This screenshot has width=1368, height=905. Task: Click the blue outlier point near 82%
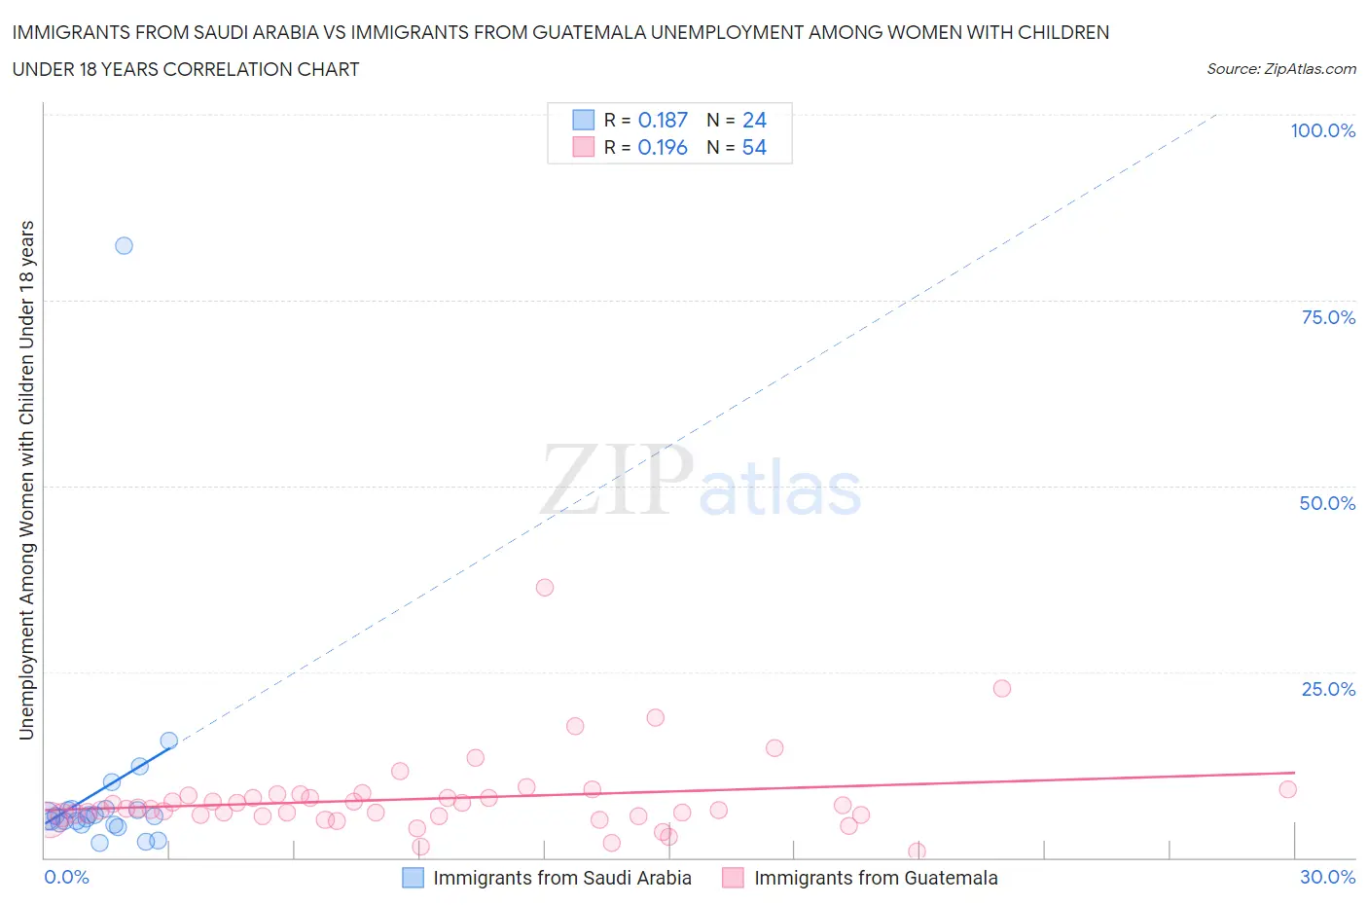tap(124, 245)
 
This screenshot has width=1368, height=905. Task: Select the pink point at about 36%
tap(545, 588)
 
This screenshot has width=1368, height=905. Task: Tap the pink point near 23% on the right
tap(1002, 688)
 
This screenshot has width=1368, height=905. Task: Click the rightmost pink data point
tap(1288, 789)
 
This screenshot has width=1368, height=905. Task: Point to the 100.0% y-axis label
tap(1322, 131)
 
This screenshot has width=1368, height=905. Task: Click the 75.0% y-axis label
tap(1328, 317)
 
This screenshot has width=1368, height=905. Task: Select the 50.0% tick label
tap(1327, 503)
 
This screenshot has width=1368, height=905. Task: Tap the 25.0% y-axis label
tap(1328, 689)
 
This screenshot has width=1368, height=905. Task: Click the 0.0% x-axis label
tap(66, 877)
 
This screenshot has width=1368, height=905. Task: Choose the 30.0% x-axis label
tap(1327, 877)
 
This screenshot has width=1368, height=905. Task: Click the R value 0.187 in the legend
tap(663, 120)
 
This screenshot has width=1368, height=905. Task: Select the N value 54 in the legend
tap(754, 147)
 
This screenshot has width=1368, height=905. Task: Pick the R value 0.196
tap(663, 147)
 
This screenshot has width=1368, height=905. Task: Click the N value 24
tap(754, 120)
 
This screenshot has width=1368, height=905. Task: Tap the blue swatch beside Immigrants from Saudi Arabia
tap(414, 878)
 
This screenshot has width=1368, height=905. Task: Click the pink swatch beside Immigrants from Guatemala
tap(734, 878)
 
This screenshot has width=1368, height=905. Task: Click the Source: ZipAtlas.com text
tap(1280, 69)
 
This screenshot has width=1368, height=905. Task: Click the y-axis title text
tap(26, 480)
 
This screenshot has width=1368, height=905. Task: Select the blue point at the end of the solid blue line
tap(168, 742)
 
